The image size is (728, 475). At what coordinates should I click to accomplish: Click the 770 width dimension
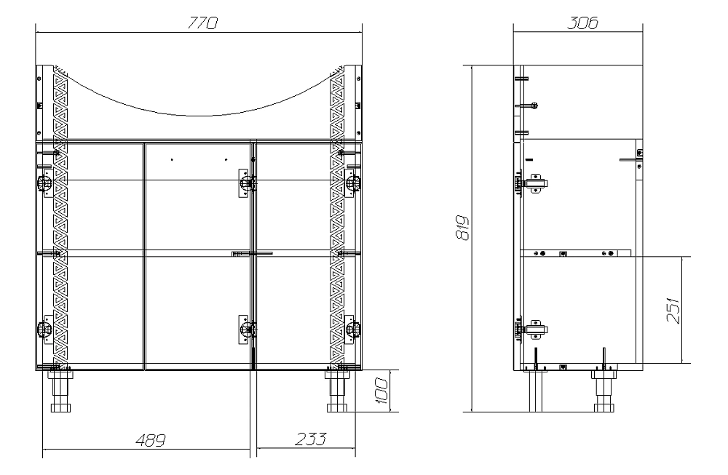tap(199, 23)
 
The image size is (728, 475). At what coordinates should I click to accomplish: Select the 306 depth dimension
tap(582, 23)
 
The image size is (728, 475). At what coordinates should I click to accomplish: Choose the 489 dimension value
tap(149, 440)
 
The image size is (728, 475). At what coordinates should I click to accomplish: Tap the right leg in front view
tap(337, 393)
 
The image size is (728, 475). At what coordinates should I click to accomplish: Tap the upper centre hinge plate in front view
tap(245, 183)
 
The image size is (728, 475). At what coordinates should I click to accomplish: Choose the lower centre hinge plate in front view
tap(245, 329)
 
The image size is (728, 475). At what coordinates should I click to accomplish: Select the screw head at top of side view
tap(534, 105)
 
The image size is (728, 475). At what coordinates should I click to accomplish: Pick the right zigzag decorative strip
tap(338, 218)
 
